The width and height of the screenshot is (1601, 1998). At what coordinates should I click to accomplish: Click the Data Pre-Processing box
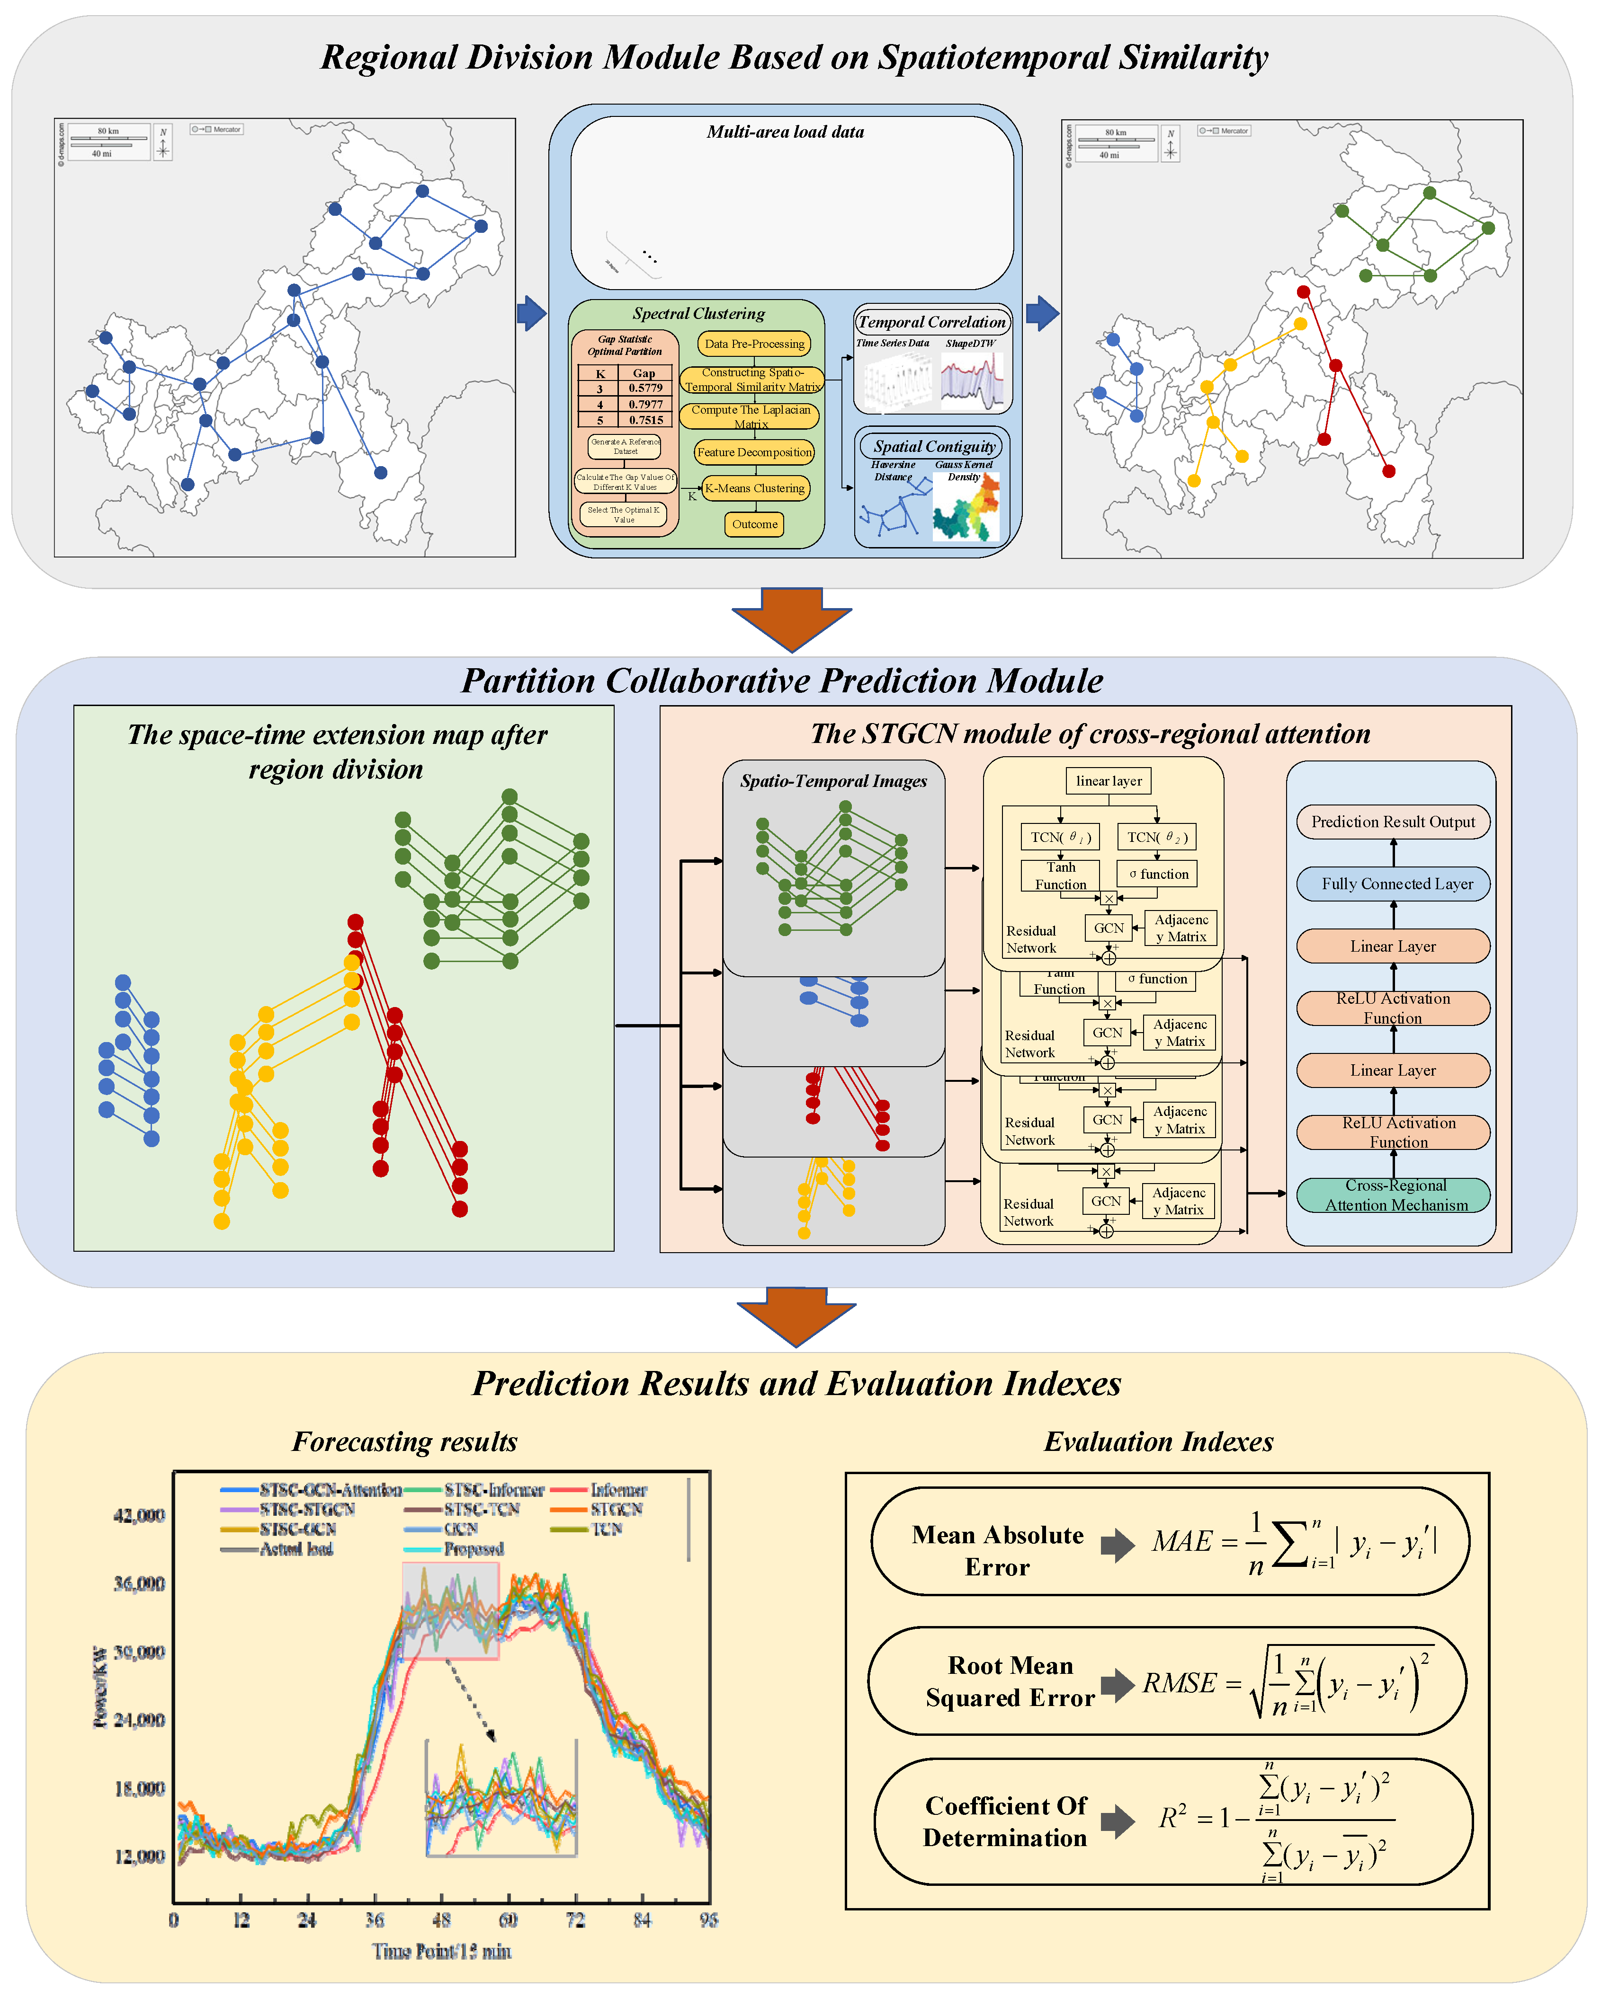[754, 344]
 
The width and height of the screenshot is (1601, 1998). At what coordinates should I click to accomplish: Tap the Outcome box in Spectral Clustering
[755, 524]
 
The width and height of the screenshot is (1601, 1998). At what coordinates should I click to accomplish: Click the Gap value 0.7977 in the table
[645, 404]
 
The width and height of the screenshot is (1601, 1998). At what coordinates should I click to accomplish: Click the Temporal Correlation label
[932, 322]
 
